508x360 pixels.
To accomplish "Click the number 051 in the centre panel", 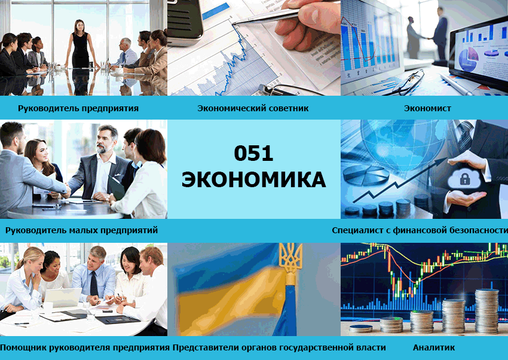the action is [253, 153].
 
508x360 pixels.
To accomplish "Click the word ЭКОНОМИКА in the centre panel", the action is [253, 179].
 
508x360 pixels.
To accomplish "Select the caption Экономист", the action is [427, 108].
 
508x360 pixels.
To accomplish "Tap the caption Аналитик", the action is [433, 347].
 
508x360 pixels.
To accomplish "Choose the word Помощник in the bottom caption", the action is [23, 347].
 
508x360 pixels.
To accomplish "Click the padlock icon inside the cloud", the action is [464, 179].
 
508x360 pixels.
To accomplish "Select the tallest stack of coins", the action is [486, 311].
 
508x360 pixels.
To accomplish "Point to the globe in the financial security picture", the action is [403, 142].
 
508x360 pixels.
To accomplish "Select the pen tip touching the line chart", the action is [234, 23].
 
